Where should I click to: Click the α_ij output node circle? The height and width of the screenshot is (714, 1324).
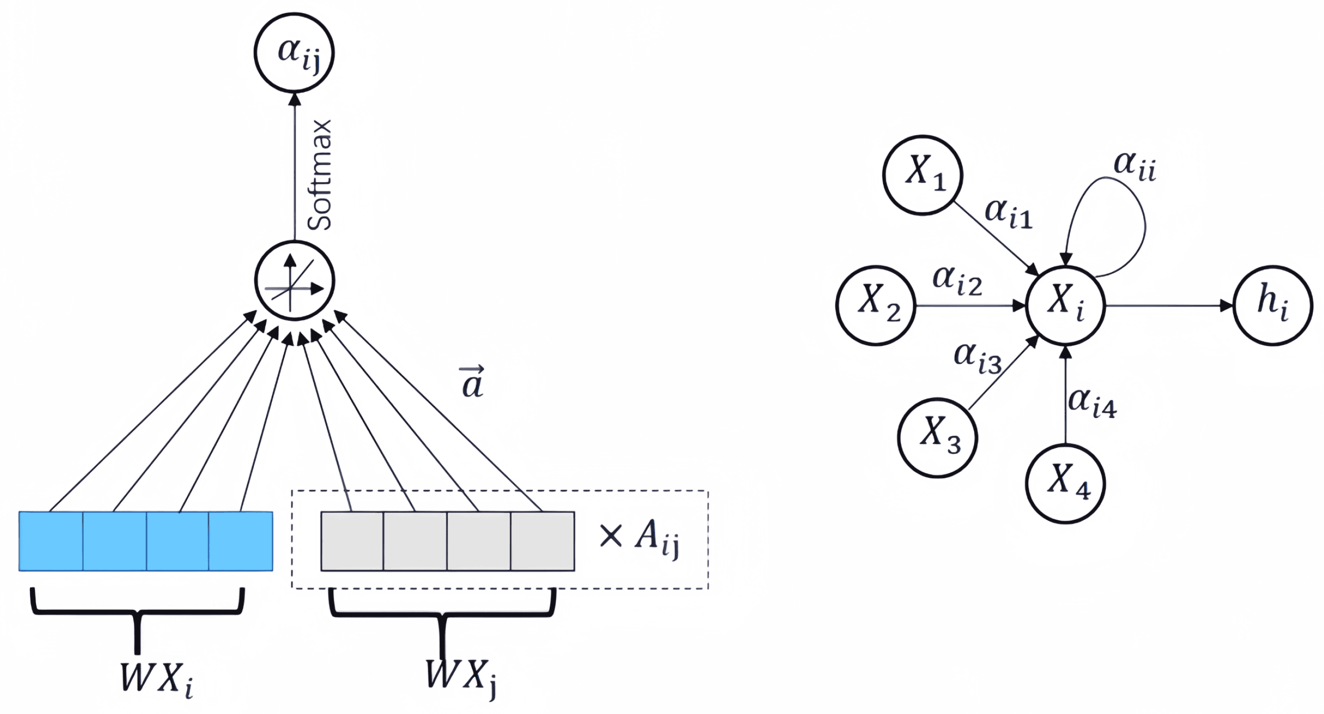(x=294, y=53)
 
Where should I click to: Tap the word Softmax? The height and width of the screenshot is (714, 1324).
(x=320, y=175)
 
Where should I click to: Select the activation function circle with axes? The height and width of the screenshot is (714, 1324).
(x=295, y=281)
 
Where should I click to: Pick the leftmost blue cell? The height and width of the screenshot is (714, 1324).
(x=51, y=541)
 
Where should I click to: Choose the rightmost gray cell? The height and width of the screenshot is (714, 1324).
(x=542, y=541)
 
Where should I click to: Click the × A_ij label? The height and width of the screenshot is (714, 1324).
(x=639, y=538)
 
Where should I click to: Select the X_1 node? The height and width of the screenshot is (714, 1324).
(x=923, y=175)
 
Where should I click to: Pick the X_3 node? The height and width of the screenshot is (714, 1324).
(x=937, y=438)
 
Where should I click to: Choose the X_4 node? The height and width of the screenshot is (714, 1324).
(x=1065, y=483)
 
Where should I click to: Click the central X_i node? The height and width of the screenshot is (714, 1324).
(x=1065, y=306)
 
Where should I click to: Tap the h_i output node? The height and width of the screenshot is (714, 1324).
(x=1273, y=306)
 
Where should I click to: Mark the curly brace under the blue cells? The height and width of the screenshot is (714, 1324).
(x=137, y=614)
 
